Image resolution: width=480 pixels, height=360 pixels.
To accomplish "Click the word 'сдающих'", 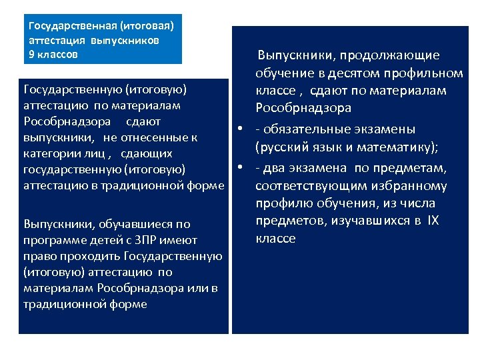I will click(145, 154).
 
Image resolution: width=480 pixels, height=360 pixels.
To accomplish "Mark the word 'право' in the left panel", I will click(37, 256).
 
